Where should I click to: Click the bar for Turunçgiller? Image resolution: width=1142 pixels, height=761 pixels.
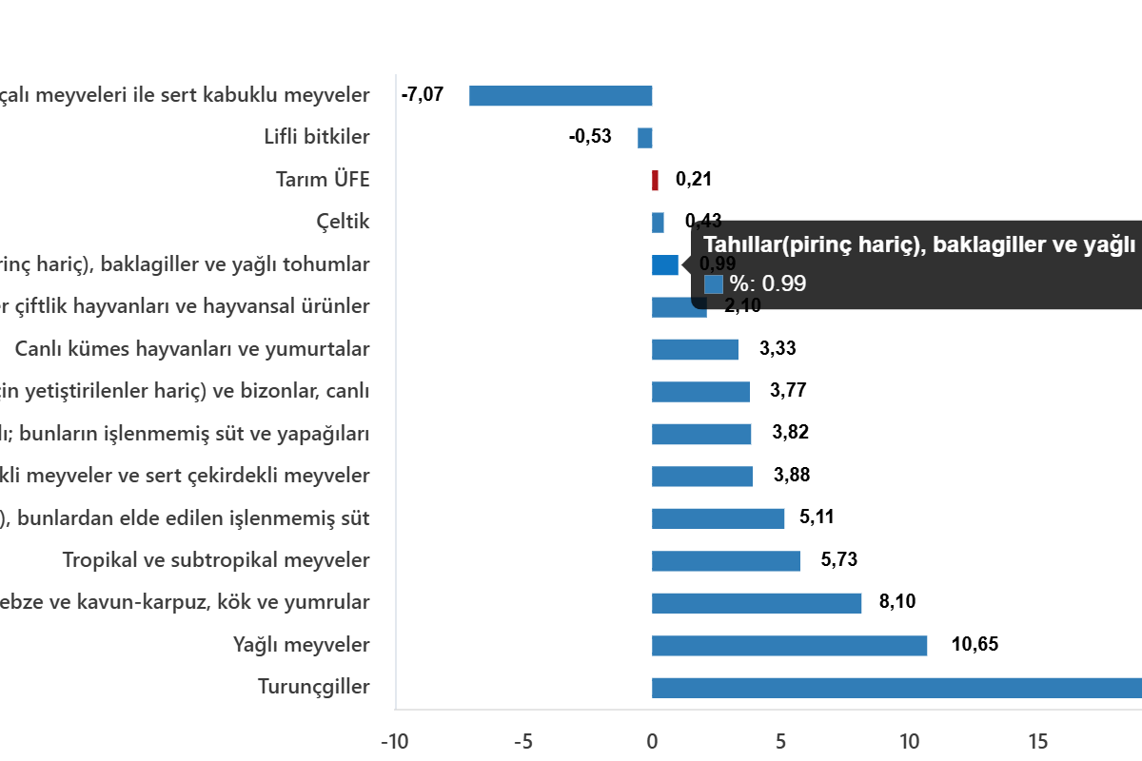pos(895,688)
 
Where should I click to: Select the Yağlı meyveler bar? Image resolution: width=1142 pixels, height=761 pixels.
pos(789,646)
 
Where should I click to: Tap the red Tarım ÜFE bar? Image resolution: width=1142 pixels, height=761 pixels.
pos(656,180)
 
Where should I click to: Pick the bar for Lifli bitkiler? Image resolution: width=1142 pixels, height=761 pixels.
pos(645,138)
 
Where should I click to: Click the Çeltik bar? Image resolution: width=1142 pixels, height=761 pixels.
pos(658,223)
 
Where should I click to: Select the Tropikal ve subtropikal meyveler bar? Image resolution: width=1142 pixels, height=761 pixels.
pos(725,561)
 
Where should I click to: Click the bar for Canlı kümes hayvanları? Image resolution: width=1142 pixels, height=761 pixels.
pos(695,349)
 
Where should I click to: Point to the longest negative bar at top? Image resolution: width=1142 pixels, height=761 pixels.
pos(561,96)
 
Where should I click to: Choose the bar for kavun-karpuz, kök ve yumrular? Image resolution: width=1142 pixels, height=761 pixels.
pos(757,603)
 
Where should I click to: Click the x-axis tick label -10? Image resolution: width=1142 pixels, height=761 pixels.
pos(394,741)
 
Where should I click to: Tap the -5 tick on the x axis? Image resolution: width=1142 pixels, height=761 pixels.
pos(522,741)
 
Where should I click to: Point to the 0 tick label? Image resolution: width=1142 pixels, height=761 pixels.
pos(652,741)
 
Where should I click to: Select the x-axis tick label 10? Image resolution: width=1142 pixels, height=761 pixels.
pos(909,741)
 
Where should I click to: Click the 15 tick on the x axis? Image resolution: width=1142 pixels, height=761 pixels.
pos(1037,741)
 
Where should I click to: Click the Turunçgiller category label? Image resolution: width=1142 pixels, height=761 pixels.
pos(313,687)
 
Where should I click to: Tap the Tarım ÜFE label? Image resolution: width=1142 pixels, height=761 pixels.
pos(322,180)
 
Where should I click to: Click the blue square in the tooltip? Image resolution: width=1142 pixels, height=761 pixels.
pos(714,283)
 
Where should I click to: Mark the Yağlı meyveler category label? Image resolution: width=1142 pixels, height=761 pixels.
pos(301,645)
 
